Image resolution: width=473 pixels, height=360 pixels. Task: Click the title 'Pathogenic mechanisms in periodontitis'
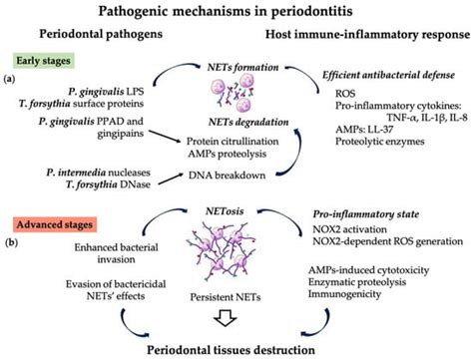[x=236, y=12]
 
